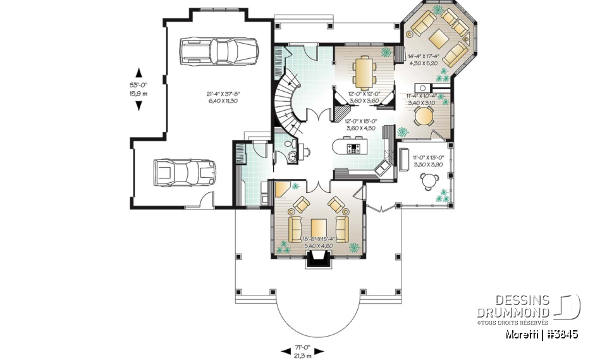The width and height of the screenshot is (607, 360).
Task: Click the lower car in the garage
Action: pyautogui.click(x=185, y=173)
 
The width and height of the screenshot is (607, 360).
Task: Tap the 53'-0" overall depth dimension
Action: pyautogui.click(x=138, y=88)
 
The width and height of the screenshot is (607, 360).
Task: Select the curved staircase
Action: pyautogui.click(x=286, y=101)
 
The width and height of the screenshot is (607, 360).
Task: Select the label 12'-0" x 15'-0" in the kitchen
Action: pyautogui.click(x=361, y=124)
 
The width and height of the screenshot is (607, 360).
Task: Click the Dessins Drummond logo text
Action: pyautogui.click(x=522, y=307)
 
